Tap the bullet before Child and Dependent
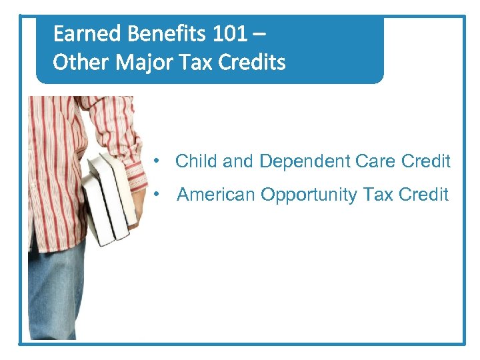(155, 161)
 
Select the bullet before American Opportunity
(155, 194)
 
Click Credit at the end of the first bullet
(427, 161)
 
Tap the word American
(216, 195)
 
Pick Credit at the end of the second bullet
(424, 195)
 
